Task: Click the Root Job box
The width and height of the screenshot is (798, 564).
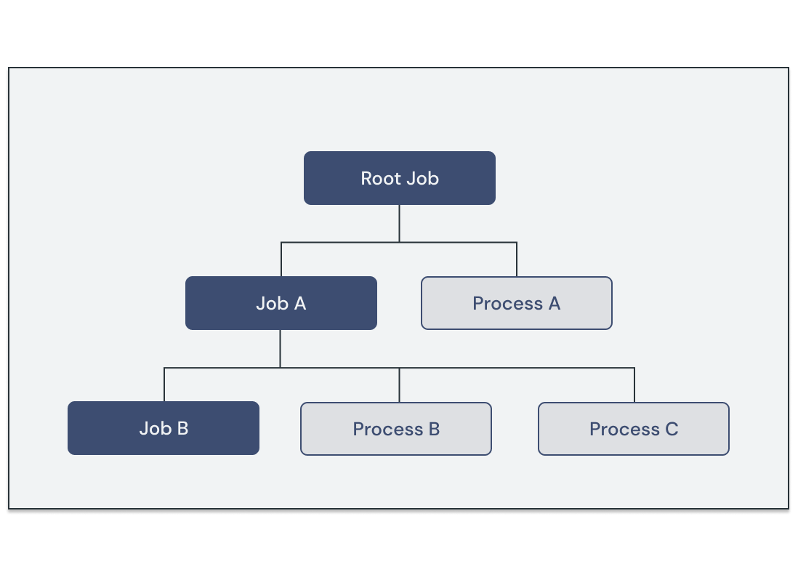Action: tap(399, 178)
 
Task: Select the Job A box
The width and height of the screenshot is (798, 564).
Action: tap(281, 303)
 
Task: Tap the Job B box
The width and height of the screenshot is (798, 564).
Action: tap(164, 428)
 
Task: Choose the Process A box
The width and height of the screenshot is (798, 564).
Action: tap(516, 303)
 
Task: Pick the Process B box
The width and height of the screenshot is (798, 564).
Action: tap(396, 429)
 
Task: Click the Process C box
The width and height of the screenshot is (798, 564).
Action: tap(633, 429)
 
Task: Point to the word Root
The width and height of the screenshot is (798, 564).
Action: tap(381, 179)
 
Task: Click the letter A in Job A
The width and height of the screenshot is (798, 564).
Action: tap(299, 304)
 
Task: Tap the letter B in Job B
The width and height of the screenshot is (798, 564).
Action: tap(181, 429)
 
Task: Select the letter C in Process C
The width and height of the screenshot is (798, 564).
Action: tap(671, 430)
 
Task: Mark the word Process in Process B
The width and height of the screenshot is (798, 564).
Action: tap(387, 430)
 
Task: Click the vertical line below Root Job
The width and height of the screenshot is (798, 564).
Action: tap(399, 223)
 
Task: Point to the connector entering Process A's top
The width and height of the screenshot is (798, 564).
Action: tap(517, 259)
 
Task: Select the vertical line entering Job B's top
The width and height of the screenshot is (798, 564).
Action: tap(164, 385)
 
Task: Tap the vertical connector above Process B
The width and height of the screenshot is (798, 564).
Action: tap(399, 385)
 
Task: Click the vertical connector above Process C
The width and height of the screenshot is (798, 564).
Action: tap(634, 385)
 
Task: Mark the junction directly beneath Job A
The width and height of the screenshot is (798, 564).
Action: tap(281, 368)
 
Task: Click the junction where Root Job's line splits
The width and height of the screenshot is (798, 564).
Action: tap(399, 242)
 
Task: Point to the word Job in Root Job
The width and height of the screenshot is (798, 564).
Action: tap(422, 179)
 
